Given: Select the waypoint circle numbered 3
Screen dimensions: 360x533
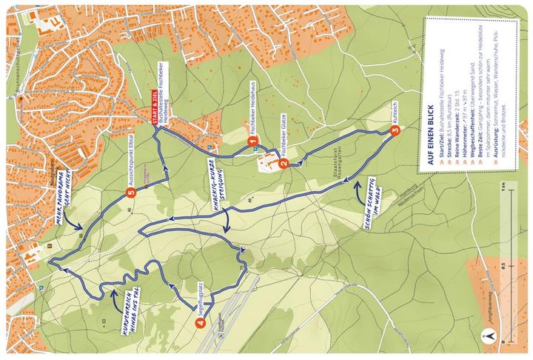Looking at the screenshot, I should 395,132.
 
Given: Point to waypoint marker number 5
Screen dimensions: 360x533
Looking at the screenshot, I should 131,194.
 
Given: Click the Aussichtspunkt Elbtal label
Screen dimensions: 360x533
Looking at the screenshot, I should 140,159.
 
